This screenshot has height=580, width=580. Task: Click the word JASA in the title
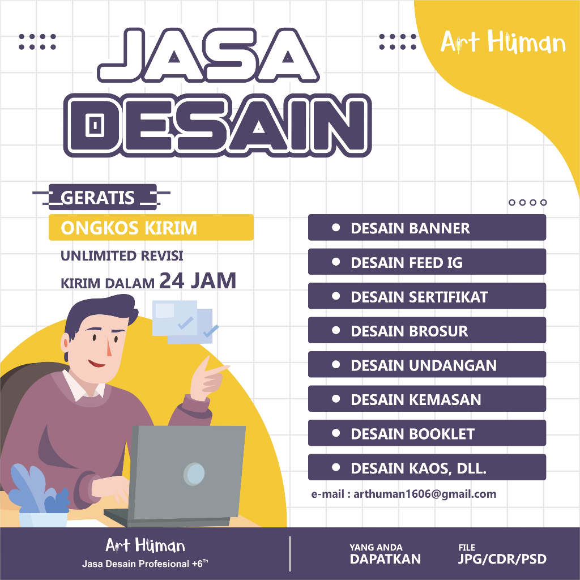208,54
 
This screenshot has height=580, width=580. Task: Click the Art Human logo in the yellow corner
503,42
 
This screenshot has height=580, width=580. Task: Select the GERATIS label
98,198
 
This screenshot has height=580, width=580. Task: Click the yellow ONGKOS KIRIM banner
150,228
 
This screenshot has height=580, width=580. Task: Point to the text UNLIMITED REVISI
122,256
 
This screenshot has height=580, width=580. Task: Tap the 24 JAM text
197,281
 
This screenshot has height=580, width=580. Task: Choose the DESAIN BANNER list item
427,228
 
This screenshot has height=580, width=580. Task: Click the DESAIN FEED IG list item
427,262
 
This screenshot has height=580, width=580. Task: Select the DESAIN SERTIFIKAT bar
427,297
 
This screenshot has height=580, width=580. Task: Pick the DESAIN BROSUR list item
427,331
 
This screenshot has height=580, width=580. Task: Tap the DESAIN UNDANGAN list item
427,365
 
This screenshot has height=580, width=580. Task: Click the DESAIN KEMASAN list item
427,399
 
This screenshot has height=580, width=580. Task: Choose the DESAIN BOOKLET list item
427,434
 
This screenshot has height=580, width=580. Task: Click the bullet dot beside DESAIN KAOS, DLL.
336,468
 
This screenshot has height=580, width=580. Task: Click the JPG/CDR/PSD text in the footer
502,560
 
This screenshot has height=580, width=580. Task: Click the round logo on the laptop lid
194,473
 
